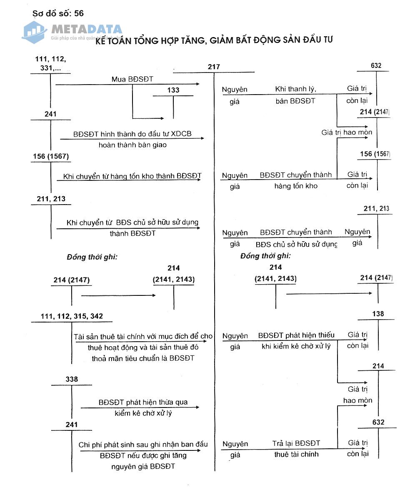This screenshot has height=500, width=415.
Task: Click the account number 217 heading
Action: point(214,67)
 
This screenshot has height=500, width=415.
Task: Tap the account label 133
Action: point(173,90)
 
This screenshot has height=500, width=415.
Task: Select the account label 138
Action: point(378,314)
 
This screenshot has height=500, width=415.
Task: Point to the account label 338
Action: point(72,379)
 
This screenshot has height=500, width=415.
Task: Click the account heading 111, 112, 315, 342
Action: point(72,316)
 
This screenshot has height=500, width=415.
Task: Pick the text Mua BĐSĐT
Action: point(129,79)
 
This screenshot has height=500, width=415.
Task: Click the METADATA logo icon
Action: point(35,32)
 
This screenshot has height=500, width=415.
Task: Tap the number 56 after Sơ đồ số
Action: point(79,13)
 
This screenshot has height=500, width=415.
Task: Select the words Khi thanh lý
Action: point(296,89)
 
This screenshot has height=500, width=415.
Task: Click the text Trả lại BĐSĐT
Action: point(296,443)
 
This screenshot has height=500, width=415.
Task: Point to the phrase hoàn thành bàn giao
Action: point(132,145)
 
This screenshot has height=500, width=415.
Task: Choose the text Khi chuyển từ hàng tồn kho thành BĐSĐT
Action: point(132,176)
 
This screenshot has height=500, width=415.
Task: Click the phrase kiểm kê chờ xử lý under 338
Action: point(143,413)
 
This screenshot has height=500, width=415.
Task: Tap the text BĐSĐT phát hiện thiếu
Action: point(296,335)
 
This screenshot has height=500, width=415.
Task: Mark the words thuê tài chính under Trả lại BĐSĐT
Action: point(296,454)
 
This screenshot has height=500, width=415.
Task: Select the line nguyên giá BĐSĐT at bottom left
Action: point(143,466)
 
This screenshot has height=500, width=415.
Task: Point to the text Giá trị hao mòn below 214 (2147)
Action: point(347,132)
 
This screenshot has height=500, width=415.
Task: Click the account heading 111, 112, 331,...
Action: point(50,63)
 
